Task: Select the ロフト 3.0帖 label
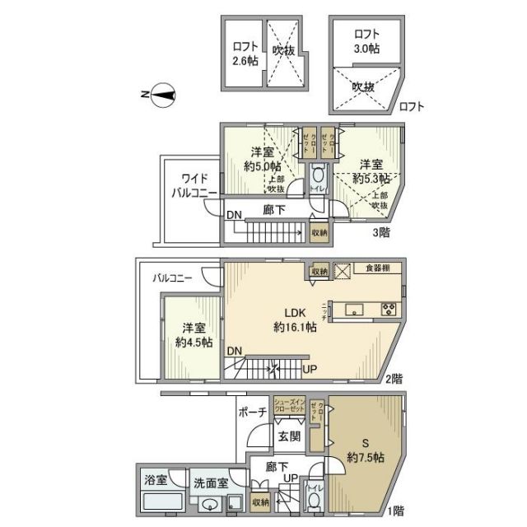click(x=366, y=41)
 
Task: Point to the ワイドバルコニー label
click(x=193, y=185)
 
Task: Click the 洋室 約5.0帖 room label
click(x=262, y=159)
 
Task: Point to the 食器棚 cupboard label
click(x=380, y=268)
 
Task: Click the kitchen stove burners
click(x=389, y=310)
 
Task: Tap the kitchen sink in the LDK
click(x=355, y=310)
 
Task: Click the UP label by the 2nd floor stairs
click(x=310, y=368)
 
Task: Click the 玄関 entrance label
click(x=288, y=436)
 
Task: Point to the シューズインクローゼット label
click(x=290, y=406)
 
